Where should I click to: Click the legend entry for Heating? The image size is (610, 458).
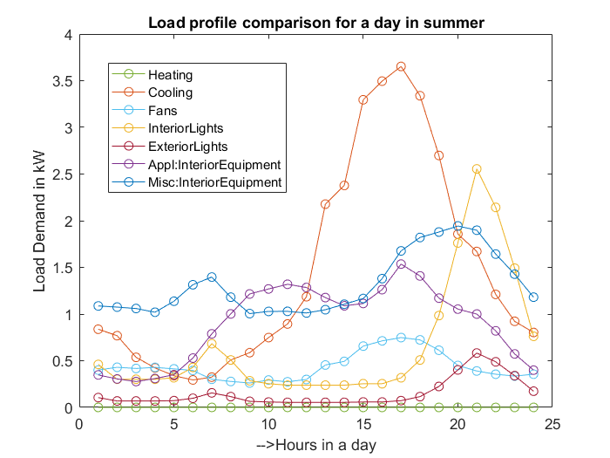[170, 75]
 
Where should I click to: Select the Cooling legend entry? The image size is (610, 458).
[170, 92]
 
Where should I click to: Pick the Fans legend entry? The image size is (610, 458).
[163, 111]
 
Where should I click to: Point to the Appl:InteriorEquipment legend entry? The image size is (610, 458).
[214, 164]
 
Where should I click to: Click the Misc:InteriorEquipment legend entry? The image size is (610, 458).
[214, 182]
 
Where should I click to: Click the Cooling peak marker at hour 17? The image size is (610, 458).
[401, 66]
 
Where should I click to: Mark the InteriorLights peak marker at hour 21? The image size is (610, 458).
[477, 169]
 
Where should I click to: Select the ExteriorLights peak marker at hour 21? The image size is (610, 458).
[477, 353]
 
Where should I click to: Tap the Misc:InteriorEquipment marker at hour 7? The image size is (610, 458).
[212, 277]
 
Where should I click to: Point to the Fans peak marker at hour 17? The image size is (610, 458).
[401, 338]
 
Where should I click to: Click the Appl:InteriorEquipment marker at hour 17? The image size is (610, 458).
[401, 264]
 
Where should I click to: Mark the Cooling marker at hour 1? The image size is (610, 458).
[98, 329]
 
